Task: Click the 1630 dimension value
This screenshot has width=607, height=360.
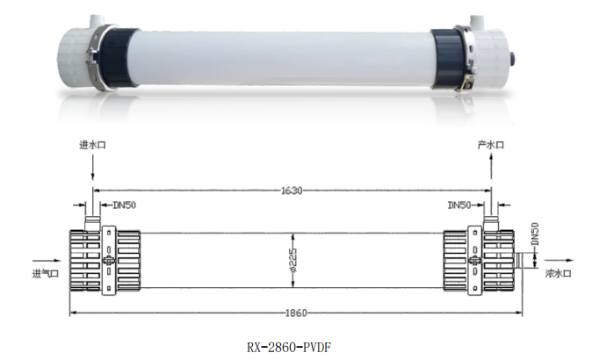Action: pos(292,191)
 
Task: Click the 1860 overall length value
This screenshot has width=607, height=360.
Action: pos(296,313)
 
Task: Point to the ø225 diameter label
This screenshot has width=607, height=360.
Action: pos(293,261)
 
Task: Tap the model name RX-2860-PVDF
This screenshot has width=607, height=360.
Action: pos(289,347)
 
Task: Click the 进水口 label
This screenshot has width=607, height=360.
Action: pos(92,145)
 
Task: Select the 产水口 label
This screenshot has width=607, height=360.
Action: pos(490,145)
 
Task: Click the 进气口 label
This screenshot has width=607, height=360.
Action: pos(46,274)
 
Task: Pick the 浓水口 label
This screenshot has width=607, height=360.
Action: pos(558,273)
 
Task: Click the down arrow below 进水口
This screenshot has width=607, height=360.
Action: pos(92,168)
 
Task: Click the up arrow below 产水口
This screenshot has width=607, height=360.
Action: pos(491,166)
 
